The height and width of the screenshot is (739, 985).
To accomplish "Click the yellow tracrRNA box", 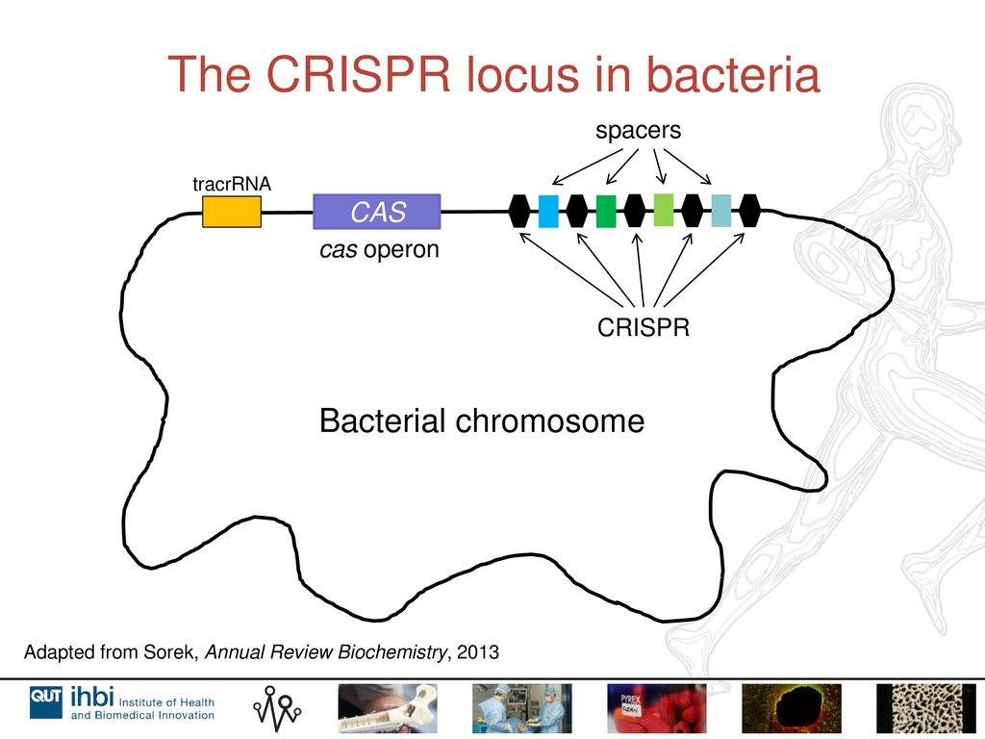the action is coord(231,212).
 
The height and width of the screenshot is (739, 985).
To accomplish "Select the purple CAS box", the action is coord(377,212).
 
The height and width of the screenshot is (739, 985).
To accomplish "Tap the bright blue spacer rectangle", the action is coord(548,211).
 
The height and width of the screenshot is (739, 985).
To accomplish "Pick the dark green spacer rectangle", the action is coord(606,211).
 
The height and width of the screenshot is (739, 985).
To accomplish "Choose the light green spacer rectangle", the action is coord(664,211).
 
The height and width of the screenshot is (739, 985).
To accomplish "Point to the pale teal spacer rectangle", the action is coord(721,211).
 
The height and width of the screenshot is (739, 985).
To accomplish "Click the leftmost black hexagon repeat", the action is coord(519,211).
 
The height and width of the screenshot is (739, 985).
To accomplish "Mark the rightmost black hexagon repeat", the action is coord(749,211).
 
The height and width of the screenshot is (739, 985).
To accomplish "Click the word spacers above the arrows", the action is coord(639,131).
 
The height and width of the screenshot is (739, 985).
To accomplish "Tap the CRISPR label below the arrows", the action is coord(644,327).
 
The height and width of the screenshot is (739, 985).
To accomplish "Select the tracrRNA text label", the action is coord(232,184).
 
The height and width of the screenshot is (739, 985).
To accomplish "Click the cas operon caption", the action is coord(379,249).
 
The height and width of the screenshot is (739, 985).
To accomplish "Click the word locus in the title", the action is coord(521,74).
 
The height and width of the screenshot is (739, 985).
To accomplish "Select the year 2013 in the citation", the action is coord(478,652).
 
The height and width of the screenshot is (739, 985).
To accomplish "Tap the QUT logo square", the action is coord(46,701).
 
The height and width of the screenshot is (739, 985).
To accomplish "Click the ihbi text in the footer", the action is coord(92,697).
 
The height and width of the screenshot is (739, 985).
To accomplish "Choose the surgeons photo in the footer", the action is coord(522,708).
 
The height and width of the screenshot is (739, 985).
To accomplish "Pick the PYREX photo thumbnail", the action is coord(656,708).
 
